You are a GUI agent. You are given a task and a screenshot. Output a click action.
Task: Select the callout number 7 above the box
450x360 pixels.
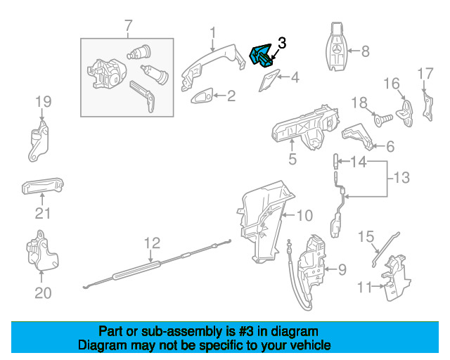click(129, 27)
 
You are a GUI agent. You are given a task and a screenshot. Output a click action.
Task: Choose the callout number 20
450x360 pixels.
click(43, 293)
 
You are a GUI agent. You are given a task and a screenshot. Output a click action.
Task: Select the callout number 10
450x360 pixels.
click(303, 214)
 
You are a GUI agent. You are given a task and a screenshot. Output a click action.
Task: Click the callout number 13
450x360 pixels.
click(400, 178)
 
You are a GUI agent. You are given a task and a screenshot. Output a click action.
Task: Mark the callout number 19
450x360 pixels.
click(43, 102)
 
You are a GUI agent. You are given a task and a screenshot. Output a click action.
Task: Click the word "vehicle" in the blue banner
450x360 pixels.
click(306, 346)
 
